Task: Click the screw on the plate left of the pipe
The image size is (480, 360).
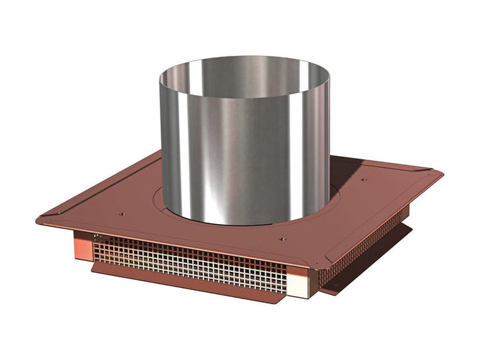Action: point(121,215)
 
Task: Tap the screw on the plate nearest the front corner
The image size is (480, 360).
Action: point(281,238)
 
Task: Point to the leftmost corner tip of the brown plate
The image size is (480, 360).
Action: point(38,219)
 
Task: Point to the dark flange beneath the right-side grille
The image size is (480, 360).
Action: point(377,262)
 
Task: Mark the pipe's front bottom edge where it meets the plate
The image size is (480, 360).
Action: point(242,223)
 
